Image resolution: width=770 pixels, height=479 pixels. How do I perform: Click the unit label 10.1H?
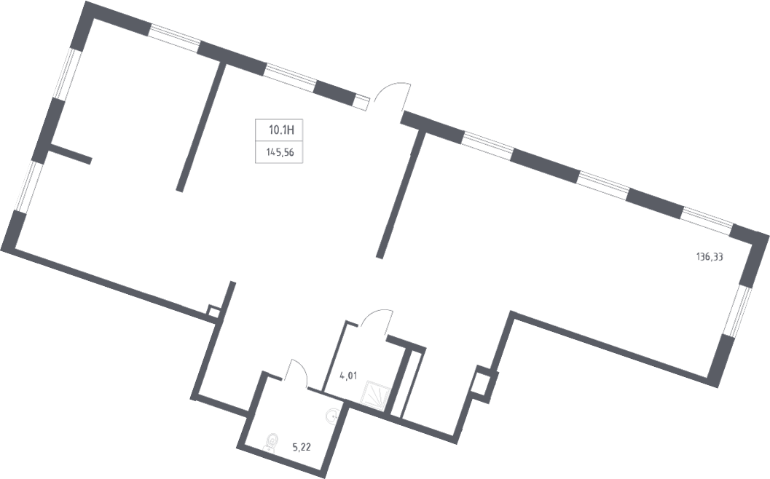coord(281,130)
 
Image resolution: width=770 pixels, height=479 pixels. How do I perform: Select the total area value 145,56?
coord(280,153)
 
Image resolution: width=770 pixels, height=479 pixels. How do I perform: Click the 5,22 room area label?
coord(302,447)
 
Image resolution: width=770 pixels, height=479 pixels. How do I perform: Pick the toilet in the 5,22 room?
coord(270,442)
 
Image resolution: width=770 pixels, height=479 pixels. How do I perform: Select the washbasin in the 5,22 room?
coord(332,416)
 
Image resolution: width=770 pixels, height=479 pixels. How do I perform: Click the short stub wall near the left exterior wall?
coord(70,153)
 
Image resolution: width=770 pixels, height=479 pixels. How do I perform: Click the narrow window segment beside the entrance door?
coord(361,102)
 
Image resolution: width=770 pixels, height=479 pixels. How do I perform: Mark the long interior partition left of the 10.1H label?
coord(200,127)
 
